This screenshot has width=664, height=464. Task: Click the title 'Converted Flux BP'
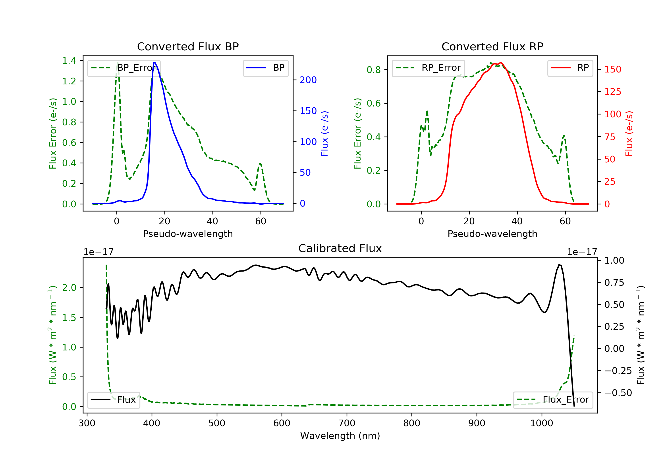point(188,46)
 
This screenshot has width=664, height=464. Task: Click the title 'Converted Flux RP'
point(492,46)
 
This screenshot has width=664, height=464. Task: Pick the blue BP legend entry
point(265,68)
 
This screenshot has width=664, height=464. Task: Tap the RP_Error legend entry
point(428,68)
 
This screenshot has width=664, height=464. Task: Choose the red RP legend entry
point(570,68)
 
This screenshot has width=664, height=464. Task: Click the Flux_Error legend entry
point(553,400)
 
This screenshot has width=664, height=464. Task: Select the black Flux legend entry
point(113,400)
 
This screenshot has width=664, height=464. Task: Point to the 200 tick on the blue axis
point(308,80)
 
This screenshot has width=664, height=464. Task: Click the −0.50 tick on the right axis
point(618,393)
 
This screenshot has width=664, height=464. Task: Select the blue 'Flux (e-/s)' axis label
point(324,134)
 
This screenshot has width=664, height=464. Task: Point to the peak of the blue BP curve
point(155,63)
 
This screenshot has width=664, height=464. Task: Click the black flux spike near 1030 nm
point(560,265)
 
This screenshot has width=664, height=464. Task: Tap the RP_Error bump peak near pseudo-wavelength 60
point(564,135)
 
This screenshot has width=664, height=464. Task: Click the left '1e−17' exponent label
point(98,252)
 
